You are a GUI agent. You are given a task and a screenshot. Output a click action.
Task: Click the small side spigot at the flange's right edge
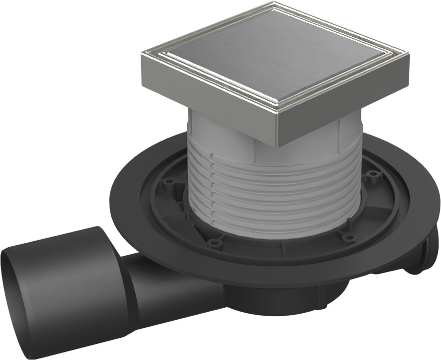tap(421, 254)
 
